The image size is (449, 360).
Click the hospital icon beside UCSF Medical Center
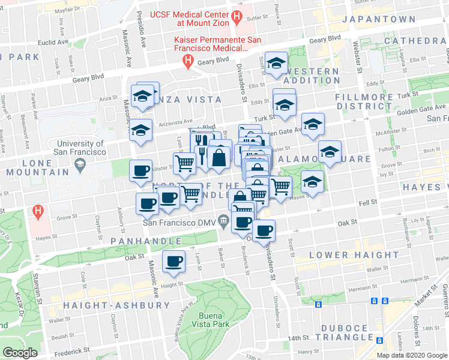coord(238,17)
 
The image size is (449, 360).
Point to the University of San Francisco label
coord(80,148)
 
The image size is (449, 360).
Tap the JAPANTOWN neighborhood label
coord(378,19)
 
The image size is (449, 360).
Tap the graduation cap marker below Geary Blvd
coord(276,62)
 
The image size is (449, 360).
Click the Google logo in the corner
coord(20,352)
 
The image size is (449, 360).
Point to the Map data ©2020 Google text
coord(412,355)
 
